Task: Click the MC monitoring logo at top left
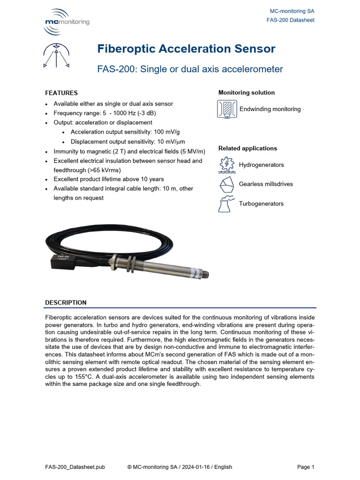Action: click(66, 22)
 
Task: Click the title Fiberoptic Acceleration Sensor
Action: click(186, 49)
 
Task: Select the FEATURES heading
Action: click(61, 93)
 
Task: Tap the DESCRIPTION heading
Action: click(66, 302)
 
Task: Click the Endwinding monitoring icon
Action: click(227, 109)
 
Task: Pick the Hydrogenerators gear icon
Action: click(227, 165)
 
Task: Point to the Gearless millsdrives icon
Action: click(227, 184)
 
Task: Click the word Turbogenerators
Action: click(261, 204)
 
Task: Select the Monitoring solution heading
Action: click(247, 93)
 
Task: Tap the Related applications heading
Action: click(247, 148)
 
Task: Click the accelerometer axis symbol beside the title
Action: click(56, 56)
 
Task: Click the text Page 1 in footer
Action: click(306, 467)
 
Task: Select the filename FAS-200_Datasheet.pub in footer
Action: click(75, 467)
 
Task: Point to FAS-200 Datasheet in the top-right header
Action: click(290, 20)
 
